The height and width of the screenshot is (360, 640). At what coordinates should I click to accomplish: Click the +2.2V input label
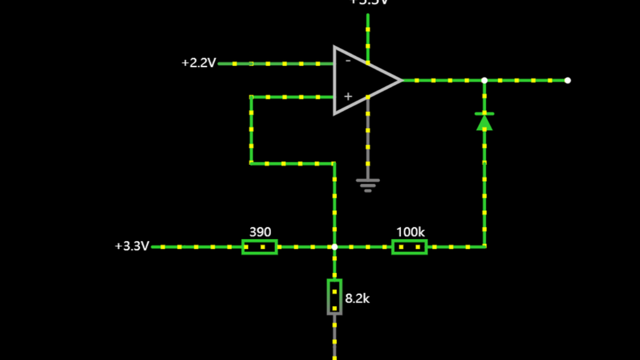[198, 63]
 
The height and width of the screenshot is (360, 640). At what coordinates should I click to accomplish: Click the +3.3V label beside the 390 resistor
[132, 246]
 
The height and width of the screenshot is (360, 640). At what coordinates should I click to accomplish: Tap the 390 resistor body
[259, 247]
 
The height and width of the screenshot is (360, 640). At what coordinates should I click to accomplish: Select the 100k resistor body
[410, 247]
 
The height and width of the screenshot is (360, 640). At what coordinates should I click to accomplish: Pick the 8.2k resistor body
[334, 297]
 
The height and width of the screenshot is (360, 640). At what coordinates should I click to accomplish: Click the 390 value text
[260, 232]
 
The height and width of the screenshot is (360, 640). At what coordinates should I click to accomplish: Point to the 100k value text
[410, 232]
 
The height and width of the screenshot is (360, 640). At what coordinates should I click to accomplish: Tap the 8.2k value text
[357, 299]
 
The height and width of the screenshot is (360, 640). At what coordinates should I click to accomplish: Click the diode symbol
[484, 122]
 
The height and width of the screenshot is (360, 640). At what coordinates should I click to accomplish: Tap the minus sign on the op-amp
[348, 61]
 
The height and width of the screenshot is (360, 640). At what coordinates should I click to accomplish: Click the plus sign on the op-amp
[348, 97]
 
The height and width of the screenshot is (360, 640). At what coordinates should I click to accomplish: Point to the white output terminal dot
[567, 81]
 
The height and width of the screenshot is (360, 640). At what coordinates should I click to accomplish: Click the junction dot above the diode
[484, 81]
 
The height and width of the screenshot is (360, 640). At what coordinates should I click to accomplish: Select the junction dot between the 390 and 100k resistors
[334, 247]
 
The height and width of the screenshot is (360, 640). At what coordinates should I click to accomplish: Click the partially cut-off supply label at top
[368, 2]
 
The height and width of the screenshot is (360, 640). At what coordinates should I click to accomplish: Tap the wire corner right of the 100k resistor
[484, 247]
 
